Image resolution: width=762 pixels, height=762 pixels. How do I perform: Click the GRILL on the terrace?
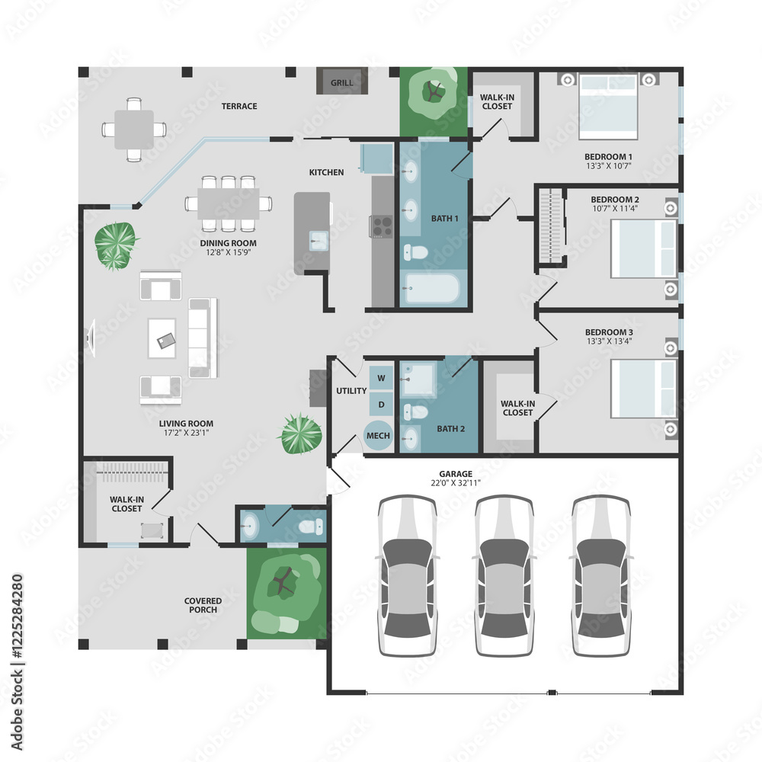(342, 82)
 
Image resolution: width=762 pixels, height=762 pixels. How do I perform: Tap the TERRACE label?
(239, 106)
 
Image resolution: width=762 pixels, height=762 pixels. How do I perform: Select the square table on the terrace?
(134, 130)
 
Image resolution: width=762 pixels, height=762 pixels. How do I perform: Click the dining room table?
(229, 203)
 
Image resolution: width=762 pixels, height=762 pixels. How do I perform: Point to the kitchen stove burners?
(383, 226)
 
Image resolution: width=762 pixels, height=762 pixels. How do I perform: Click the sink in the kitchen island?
(319, 241)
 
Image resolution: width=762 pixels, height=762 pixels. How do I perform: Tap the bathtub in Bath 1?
(431, 288)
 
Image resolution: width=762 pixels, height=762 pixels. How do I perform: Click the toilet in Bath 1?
(415, 253)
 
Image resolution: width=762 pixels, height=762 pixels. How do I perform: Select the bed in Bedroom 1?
(608, 107)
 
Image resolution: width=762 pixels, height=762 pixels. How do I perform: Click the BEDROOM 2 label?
(615, 199)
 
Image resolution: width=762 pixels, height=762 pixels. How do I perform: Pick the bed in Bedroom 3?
(643, 389)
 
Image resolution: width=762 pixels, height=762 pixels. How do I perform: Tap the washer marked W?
(382, 378)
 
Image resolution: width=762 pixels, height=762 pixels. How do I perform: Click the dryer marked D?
(382, 405)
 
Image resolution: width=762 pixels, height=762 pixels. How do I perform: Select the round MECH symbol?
(378, 435)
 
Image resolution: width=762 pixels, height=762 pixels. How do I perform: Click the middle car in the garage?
(504, 576)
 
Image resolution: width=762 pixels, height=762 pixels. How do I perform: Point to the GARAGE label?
(456, 474)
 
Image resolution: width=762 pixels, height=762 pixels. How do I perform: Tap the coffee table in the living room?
(162, 338)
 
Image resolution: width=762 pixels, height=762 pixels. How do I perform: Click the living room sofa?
(203, 338)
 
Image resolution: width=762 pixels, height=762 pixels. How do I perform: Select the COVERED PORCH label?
(203, 605)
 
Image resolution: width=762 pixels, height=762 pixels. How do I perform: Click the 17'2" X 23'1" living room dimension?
(186, 433)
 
